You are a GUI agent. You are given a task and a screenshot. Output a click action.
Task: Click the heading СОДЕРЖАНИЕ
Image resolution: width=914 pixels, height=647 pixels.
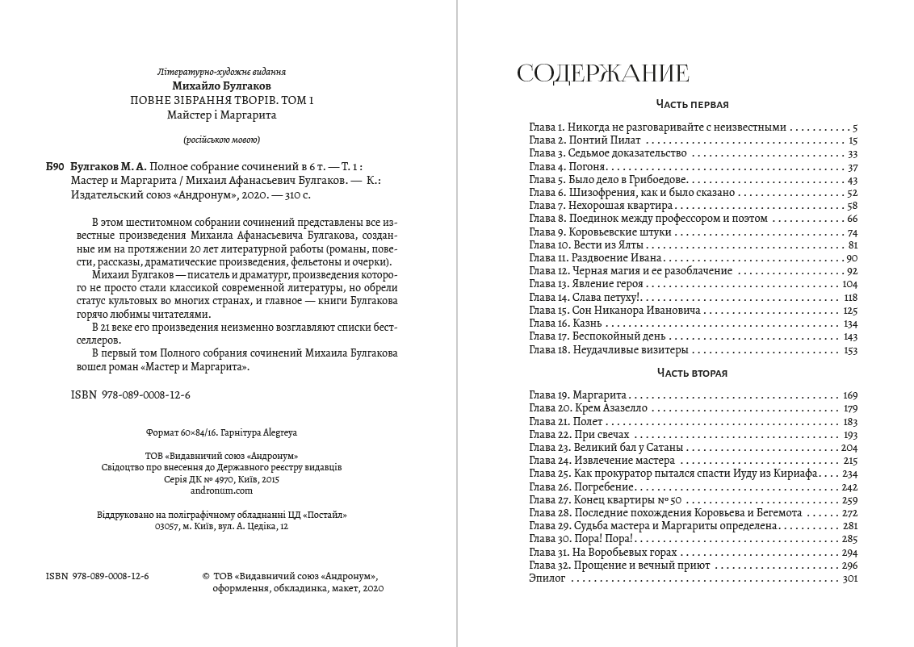point(602,73)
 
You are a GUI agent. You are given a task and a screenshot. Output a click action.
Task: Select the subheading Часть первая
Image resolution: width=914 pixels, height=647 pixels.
point(692,105)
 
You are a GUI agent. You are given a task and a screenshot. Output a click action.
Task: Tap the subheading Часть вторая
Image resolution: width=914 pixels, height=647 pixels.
point(692,373)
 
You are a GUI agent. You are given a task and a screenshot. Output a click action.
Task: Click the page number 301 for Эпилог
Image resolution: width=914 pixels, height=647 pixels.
point(849,579)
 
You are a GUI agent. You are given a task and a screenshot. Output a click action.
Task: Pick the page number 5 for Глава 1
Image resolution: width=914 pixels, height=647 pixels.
point(854,127)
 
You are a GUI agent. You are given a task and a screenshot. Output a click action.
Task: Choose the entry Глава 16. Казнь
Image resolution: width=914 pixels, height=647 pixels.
point(564,323)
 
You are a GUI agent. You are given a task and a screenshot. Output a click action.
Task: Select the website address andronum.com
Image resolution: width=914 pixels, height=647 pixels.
point(220,490)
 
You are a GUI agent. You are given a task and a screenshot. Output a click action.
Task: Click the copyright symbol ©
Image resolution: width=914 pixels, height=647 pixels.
point(207,576)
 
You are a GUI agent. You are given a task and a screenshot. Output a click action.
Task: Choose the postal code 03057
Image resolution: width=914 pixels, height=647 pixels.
point(166,526)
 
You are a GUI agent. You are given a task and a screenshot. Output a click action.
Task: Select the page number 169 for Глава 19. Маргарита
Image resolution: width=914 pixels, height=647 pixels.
point(849,395)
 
